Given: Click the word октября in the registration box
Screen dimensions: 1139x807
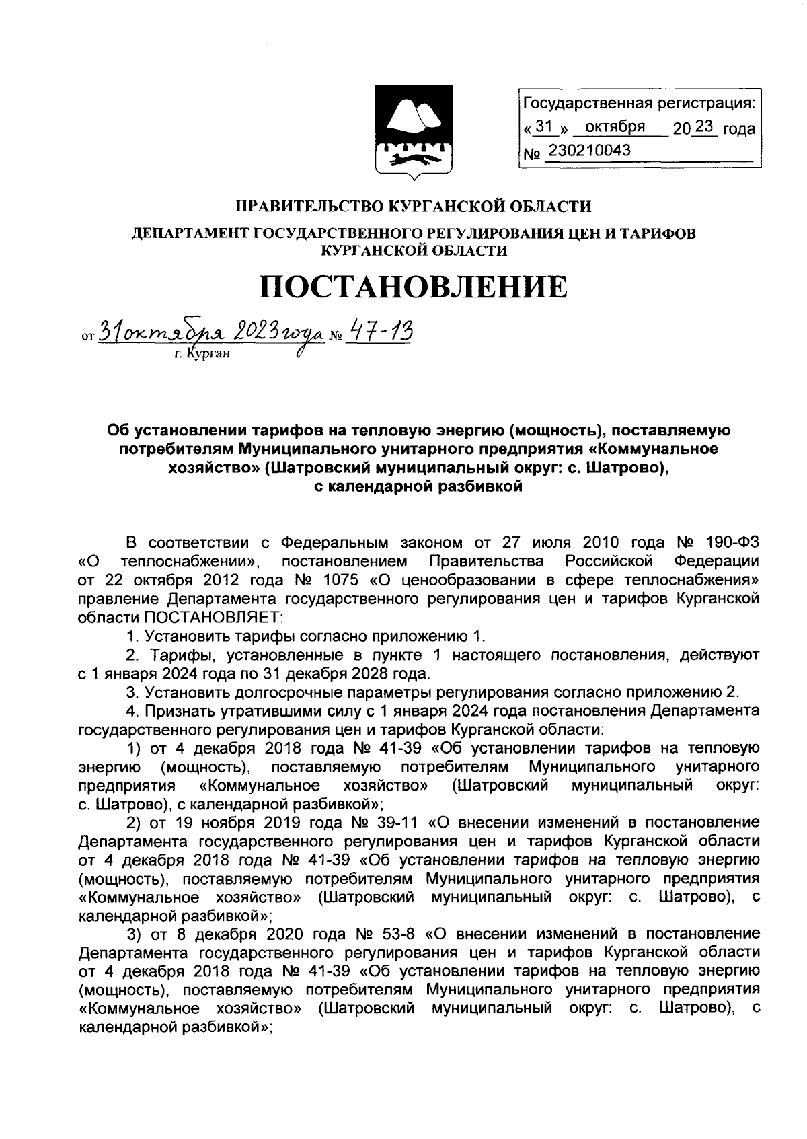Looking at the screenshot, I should [615, 127].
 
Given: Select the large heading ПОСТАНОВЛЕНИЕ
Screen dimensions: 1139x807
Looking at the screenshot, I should [414, 287].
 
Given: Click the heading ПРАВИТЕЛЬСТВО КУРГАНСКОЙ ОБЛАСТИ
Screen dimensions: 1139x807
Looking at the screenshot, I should [413, 206].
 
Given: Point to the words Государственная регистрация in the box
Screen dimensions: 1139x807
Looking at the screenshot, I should [638, 104].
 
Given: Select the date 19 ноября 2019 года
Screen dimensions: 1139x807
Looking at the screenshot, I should [260, 822].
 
